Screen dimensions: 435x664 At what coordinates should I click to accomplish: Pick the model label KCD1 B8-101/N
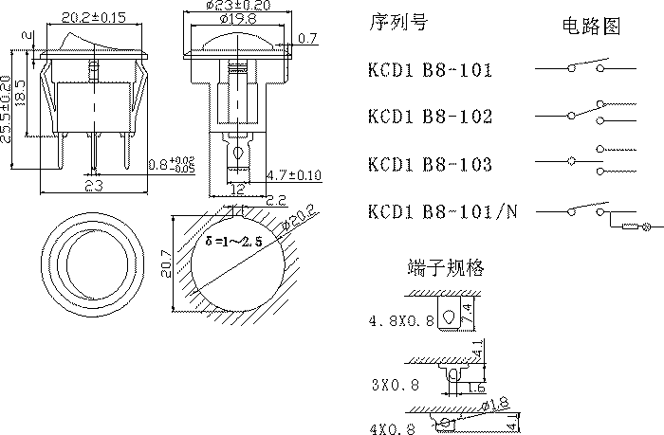click(443, 211)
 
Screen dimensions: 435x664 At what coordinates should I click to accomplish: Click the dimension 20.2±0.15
click(94, 17)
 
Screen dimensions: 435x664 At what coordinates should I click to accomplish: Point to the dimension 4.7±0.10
click(295, 175)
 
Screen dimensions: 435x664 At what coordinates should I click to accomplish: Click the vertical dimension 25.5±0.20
click(8, 109)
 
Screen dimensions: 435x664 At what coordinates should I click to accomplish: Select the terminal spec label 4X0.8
click(393, 428)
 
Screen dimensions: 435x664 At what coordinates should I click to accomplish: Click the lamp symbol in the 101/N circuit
click(648, 227)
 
